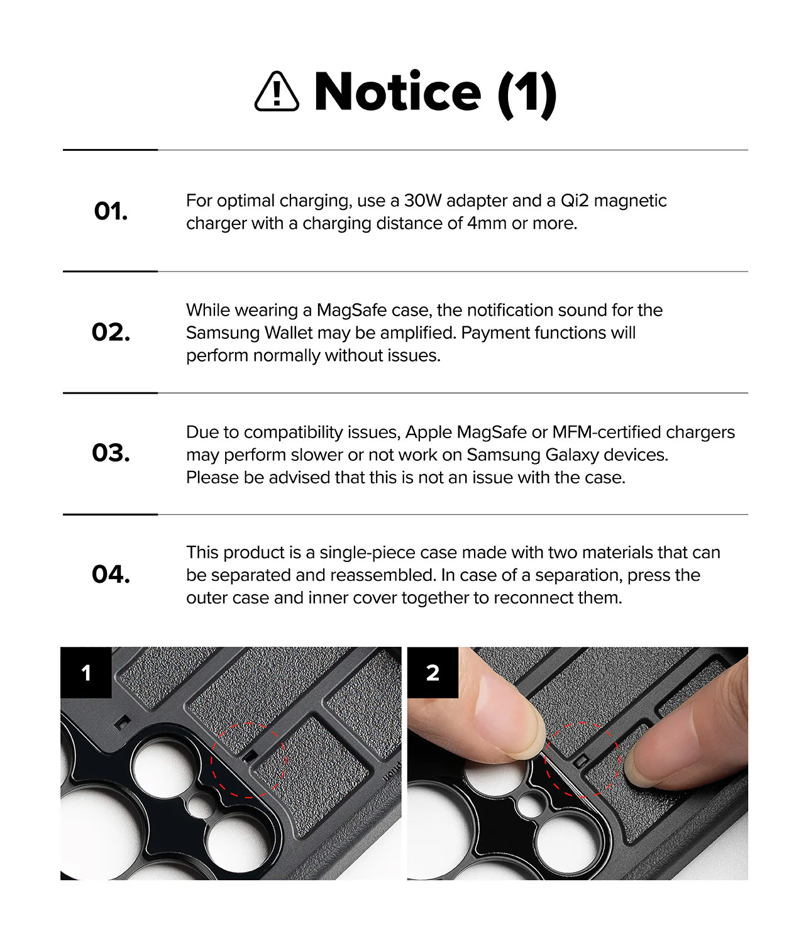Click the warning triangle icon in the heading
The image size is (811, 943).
click(x=276, y=92)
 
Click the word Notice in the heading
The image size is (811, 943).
click(x=397, y=92)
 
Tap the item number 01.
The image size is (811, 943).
click(x=111, y=211)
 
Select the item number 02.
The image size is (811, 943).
click(x=111, y=332)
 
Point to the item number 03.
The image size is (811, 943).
click(x=111, y=453)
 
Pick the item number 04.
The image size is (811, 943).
click(x=111, y=574)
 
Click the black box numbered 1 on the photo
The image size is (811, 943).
click(x=86, y=673)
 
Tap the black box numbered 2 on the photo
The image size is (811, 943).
click(x=433, y=673)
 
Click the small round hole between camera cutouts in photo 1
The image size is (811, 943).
click(x=201, y=805)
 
